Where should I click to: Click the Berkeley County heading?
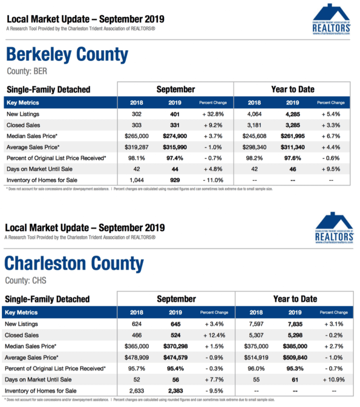click(x=67, y=54)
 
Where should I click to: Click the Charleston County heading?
click(x=74, y=264)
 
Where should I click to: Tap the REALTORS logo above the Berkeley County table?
click(x=331, y=19)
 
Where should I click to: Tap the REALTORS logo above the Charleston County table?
click(x=334, y=228)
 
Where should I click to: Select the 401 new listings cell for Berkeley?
click(x=175, y=114)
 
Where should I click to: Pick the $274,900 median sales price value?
click(x=175, y=136)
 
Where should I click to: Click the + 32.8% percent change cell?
click(x=213, y=114)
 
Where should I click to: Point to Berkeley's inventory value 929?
click(x=175, y=180)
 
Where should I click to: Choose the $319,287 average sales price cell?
click(x=136, y=147)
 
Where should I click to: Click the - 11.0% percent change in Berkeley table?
click(x=213, y=180)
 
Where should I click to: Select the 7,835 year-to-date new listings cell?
click(x=295, y=324)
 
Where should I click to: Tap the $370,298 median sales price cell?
click(x=175, y=346)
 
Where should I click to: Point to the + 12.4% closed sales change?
click(x=214, y=335)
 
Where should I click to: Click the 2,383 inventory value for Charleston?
click(x=175, y=391)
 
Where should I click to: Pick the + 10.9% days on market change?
click(x=334, y=380)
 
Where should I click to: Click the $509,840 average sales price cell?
click(x=295, y=358)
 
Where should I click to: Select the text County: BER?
click(x=27, y=71)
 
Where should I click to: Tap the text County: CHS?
click(x=26, y=281)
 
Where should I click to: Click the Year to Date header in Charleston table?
click(x=295, y=299)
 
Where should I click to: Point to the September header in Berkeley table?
click(x=175, y=89)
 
